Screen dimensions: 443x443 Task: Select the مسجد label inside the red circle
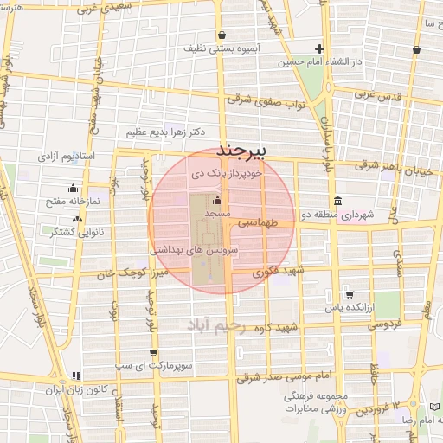click(216, 211)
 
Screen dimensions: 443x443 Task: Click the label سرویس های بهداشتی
click(194, 248)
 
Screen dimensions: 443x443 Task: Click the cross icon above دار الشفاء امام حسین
click(319, 49)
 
